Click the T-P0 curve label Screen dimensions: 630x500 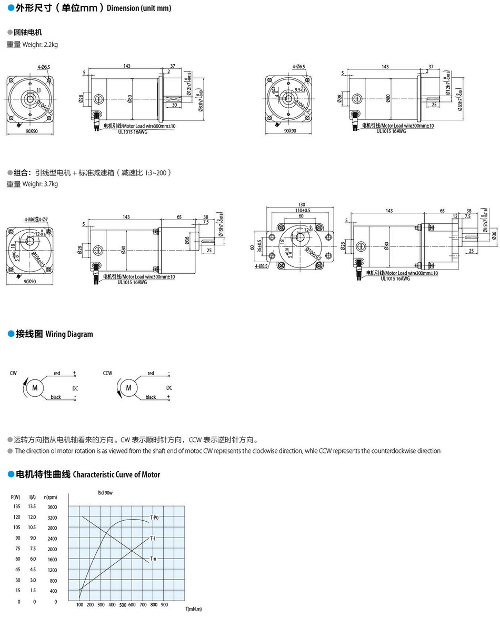coord(154,518)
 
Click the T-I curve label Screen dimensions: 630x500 coord(153,538)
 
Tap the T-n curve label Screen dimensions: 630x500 coord(153,559)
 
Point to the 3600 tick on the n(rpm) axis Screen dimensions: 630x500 coord(52,507)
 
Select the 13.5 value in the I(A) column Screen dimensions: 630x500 coord(33,507)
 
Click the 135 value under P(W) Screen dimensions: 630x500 coord(16,507)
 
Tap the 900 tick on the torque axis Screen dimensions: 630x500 coord(164,605)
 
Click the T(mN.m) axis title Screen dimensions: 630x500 coord(193,610)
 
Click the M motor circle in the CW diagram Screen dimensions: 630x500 coord(35,387)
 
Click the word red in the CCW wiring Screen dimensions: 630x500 coord(151,374)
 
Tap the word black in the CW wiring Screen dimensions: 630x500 coord(56,397)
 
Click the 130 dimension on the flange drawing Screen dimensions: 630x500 coord(301,204)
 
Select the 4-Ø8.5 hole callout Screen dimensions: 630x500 coord(261,267)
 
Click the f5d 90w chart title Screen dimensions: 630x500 coord(105,493)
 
